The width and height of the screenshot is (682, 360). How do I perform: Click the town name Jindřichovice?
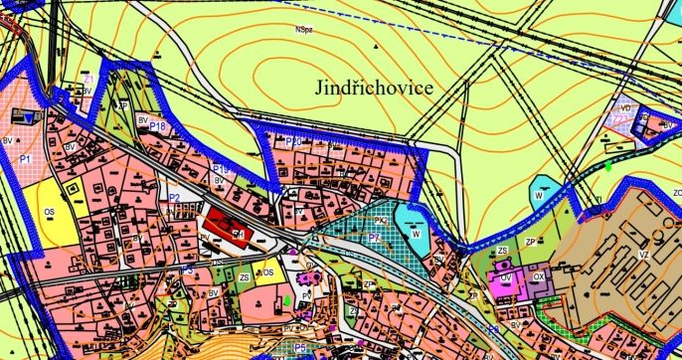[375, 88]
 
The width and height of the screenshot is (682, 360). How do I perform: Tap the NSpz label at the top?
[302, 30]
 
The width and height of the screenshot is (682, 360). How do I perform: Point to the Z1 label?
[88, 80]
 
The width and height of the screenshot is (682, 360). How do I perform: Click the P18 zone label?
[157, 127]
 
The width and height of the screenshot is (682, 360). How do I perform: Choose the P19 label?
[221, 170]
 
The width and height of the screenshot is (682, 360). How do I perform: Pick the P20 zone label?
[293, 142]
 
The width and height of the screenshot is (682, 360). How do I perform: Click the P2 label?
[174, 198]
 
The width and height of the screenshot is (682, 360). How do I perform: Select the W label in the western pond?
[418, 235]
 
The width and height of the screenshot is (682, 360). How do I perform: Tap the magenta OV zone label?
[505, 278]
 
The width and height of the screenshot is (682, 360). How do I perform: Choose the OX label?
[539, 277]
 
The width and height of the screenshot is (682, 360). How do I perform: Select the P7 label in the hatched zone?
[373, 239]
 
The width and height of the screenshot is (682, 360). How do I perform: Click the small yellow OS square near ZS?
[266, 271]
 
